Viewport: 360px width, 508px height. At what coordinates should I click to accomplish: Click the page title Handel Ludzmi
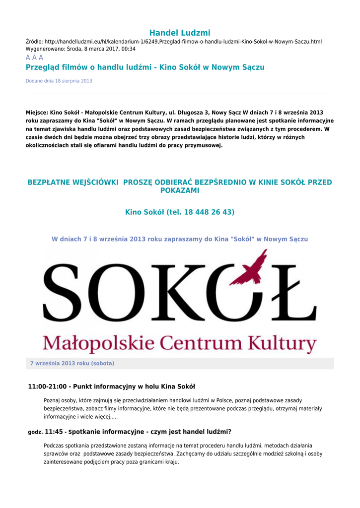(180, 33)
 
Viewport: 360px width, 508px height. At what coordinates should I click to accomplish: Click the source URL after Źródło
(183, 42)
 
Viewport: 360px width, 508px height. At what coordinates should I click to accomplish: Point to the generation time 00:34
(129, 49)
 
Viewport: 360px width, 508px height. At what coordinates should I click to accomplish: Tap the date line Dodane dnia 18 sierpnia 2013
(59, 81)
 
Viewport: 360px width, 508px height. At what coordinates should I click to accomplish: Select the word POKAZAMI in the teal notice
(180, 190)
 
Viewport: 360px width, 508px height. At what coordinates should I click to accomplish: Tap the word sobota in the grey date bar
(102, 364)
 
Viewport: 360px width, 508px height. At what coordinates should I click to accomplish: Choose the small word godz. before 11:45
(35, 433)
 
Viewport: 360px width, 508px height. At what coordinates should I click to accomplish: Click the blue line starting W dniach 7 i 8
(180, 239)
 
